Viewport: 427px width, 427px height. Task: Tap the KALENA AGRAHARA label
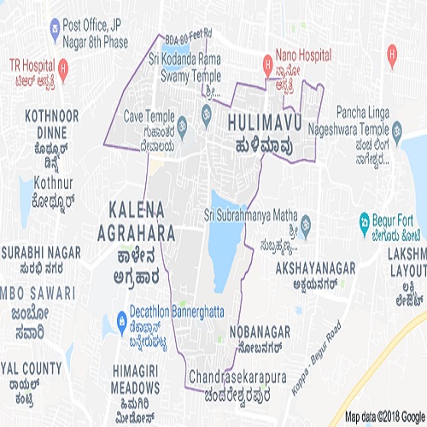tap(143, 219)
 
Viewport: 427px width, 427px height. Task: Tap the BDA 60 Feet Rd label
tap(187, 35)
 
